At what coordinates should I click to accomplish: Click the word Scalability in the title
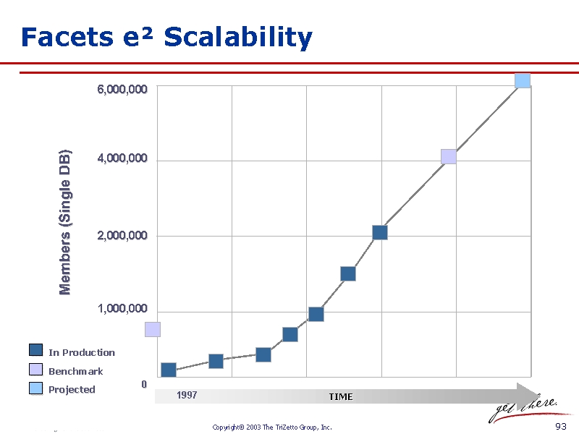238,38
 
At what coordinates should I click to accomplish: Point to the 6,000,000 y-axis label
122,90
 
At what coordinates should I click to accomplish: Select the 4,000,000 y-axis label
122,158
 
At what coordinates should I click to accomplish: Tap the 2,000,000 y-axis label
122,236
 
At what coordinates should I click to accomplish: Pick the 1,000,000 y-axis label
122,309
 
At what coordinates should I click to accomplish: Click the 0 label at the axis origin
144,384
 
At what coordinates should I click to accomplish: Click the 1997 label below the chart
187,396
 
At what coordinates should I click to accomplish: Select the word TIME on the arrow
340,396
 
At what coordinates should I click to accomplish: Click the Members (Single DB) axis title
65,221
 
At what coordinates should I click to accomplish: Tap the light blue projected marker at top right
523,80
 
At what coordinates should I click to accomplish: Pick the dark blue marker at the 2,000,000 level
380,232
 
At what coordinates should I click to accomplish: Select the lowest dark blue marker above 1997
169,370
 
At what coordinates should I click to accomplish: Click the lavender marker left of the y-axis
152,329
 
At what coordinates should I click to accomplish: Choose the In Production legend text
82,353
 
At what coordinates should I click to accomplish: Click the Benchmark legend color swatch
36,370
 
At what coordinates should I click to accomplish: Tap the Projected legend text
72,390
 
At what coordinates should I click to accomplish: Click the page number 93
560,427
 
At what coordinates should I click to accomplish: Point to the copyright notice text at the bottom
272,427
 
